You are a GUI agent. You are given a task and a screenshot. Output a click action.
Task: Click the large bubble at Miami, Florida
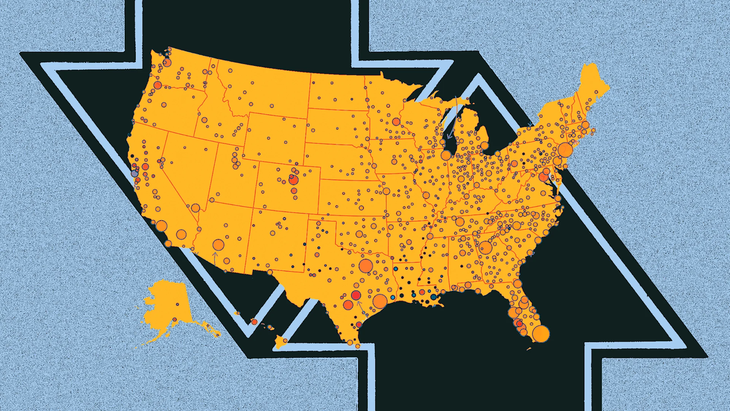[541, 334]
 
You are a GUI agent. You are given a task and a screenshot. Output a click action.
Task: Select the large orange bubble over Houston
[380, 301]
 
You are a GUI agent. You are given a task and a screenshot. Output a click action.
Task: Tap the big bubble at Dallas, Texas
[365, 266]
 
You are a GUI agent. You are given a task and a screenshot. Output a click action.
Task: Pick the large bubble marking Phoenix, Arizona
[218, 245]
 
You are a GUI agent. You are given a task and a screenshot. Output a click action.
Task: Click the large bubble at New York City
[565, 150]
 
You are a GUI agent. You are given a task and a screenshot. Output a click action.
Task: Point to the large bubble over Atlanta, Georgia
[485, 248]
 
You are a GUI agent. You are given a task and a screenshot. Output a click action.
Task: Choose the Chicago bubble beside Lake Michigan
[446, 155]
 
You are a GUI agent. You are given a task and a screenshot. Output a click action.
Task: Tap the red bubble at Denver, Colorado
[293, 180]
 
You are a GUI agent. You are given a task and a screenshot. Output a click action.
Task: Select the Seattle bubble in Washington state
[167, 63]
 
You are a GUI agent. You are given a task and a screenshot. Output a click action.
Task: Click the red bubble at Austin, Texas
[356, 295]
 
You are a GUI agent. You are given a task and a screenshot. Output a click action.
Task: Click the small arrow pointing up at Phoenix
[215, 258]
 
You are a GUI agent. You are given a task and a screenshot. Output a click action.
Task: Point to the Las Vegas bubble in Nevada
[195, 208]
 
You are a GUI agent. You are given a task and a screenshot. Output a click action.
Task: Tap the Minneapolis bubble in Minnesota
[396, 122]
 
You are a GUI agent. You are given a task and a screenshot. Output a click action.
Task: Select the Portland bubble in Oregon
[158, 85]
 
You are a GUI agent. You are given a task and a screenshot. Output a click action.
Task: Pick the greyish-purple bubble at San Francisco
[134, 174]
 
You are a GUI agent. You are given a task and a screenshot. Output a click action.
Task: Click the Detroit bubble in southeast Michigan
[484, 145]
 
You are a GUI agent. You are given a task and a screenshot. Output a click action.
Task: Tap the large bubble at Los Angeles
[162, 226]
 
